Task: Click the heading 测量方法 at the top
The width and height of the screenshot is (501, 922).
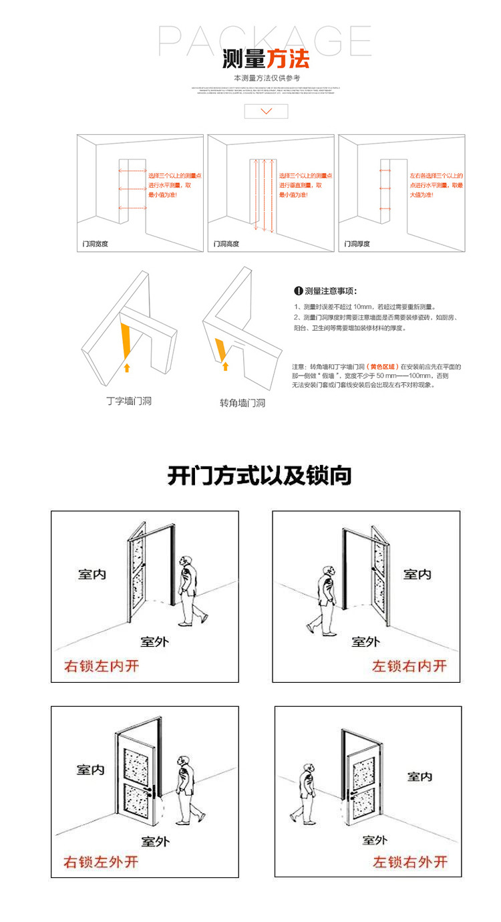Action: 266,60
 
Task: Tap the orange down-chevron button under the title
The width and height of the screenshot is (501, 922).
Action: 266,111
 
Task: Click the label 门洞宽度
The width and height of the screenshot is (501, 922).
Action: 94,245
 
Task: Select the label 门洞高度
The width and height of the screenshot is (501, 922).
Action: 226,245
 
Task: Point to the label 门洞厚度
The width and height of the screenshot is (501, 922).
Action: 357,245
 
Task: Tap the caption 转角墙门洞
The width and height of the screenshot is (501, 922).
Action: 242,403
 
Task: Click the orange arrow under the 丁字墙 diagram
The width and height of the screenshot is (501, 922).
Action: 127,366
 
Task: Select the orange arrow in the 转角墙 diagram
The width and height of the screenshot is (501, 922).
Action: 225,365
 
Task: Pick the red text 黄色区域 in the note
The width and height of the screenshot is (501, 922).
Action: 383,367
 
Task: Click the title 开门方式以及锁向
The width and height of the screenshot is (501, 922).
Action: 259,476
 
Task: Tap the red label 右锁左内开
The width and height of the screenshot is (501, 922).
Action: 102,665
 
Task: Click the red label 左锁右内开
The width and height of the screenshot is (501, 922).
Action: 409,665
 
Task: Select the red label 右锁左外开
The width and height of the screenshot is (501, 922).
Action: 101,862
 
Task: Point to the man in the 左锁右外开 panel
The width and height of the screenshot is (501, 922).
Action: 305,792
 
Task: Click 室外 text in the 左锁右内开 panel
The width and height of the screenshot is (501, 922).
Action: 366,641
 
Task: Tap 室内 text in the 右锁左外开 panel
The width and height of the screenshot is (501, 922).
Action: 90,770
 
